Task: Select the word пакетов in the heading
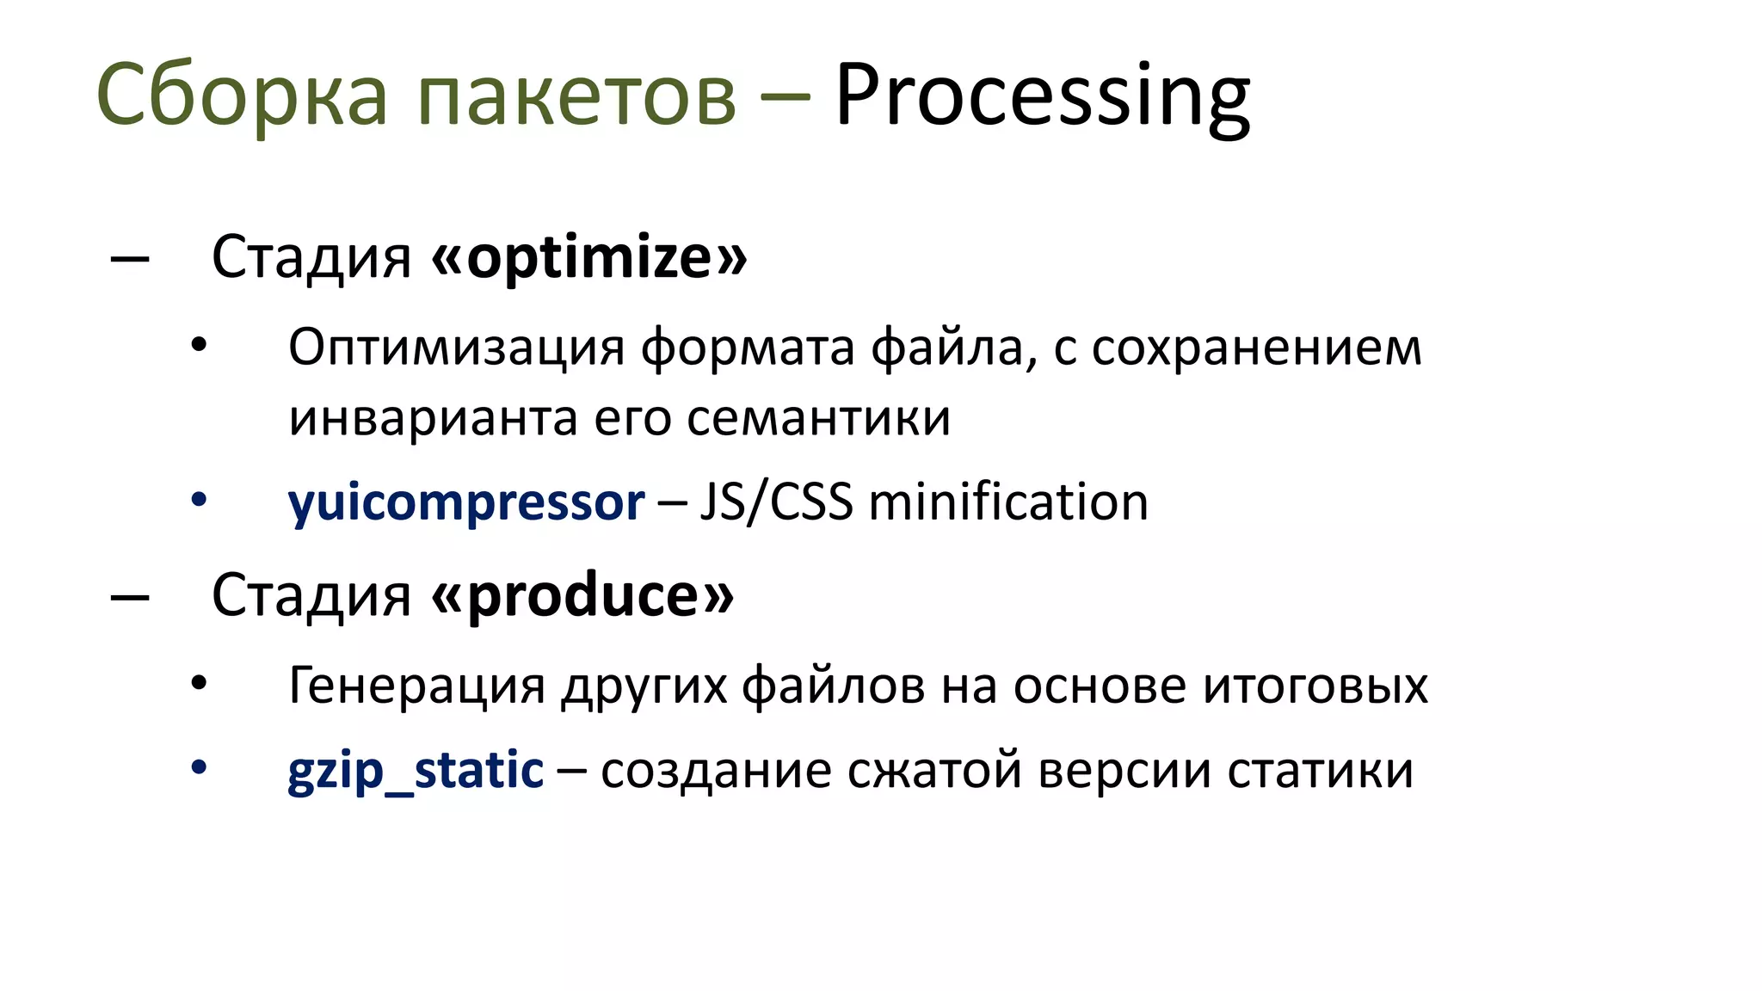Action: coord(576,96)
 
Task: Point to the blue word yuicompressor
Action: coord(466,502)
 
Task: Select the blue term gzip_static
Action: coord(416,770)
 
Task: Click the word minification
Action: coord(1008,502)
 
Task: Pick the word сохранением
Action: coord(1257,348)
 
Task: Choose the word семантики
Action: coord(818,418)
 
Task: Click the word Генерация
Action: coord(417,686)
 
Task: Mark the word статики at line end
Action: coord(1320,770)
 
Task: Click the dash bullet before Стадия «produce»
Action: coord(130,595)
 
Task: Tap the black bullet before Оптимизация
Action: coord(199,346)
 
